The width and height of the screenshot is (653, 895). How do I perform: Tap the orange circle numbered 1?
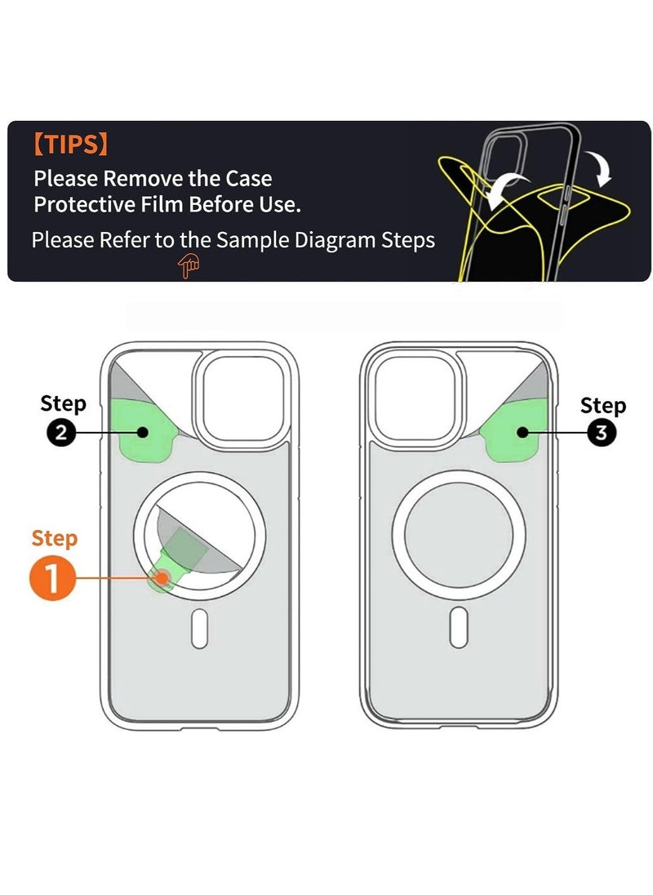[52, 578]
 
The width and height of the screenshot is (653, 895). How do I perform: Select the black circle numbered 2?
[61, 433]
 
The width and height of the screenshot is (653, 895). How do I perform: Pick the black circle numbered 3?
[601, 433]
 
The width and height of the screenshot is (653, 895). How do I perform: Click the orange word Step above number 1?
[54, 539]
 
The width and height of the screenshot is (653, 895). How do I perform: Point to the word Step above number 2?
[63, 403]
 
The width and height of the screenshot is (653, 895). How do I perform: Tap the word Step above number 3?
[603, 406]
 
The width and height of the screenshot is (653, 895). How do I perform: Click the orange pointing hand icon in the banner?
[189, 266]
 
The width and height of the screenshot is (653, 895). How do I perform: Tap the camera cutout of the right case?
[415, 398]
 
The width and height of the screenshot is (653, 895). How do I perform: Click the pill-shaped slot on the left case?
[199, 628]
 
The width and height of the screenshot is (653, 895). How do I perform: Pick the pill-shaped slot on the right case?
[459, 627]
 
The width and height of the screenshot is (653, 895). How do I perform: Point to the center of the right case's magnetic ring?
[458, 536]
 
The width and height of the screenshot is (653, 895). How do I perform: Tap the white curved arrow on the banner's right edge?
[600, 166]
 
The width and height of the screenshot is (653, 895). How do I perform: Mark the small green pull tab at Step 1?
[162, 577]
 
